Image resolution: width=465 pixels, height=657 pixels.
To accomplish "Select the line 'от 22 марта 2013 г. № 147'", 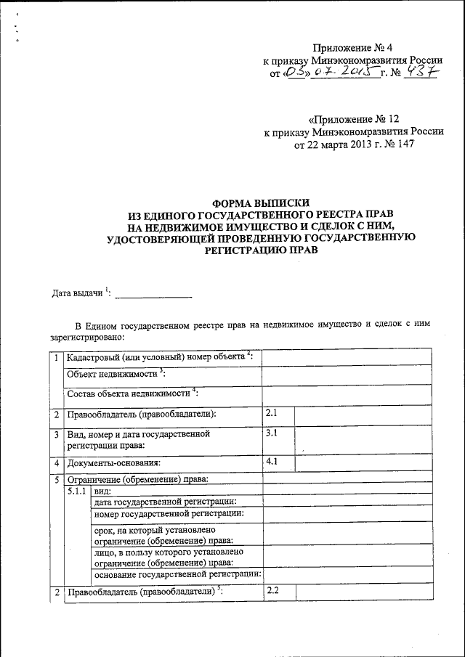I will (x=354, y=144).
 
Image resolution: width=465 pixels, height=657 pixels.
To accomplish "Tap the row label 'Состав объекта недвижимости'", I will (x=132, y=394).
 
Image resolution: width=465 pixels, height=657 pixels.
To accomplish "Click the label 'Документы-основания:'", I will (x=113, y=462).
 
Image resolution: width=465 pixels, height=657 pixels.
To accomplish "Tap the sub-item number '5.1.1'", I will (x=77, y=491).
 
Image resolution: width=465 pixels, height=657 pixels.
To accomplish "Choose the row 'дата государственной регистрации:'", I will (x=166, y=502).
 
